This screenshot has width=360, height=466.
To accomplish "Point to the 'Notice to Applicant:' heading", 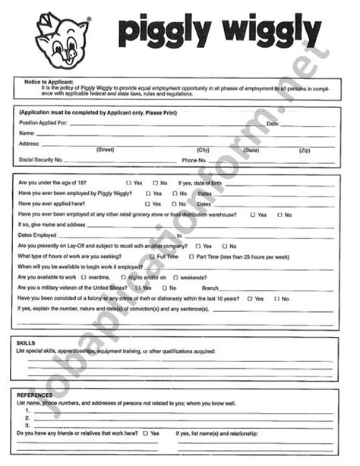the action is (45, 80).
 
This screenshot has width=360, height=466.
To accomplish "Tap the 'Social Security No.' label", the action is (41, 160).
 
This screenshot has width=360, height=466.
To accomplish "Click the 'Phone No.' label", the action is (194, 160).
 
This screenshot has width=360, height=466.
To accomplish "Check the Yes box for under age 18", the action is (128, 183).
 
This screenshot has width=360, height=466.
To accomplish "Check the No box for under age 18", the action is (155, 183).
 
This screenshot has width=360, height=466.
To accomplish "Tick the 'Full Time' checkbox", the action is (152, 257).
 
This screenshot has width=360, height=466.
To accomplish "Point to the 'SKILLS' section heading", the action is (26, 343).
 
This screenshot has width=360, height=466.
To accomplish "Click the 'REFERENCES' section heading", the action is (34, 395).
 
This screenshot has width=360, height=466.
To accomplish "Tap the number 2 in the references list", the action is (27, 417).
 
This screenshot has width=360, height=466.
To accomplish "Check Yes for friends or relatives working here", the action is (145, 433).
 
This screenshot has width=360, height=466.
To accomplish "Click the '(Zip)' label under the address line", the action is (305, 150).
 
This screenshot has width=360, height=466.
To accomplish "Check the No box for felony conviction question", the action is (276, 299).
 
